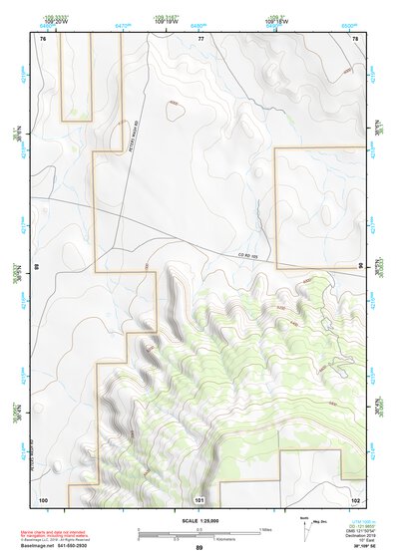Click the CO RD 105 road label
(x=249, y=254)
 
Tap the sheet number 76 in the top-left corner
(x=44, y=37)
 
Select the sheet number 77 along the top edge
(x=200, y=37)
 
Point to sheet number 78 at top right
(x=355, y=37)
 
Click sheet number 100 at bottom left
(x=43, y=498)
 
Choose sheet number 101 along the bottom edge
(x=199, y=499)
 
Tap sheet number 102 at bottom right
(x=355, y=498)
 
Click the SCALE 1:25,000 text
(x=198, y=520)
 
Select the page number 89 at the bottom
(x=198, y=548)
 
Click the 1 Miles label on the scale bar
(x=263, y=528)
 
